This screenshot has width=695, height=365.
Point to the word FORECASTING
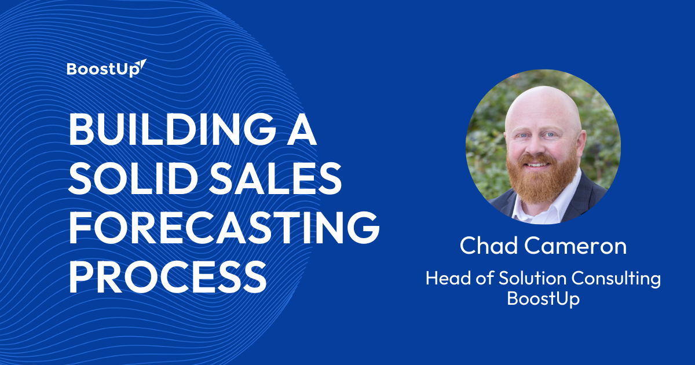pos(224,228)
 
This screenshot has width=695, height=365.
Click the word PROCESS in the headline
pos(167,276)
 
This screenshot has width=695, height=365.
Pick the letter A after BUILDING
pos(301,129)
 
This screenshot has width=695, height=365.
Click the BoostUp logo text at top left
pos(103,70)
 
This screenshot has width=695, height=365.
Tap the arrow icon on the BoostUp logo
pos(141,64)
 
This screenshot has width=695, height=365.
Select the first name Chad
pos(489,246)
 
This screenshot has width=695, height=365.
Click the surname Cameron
pos(576,246)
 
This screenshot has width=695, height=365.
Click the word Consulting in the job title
pos(616,279)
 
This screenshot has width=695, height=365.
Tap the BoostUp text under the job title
pos(543,298)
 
